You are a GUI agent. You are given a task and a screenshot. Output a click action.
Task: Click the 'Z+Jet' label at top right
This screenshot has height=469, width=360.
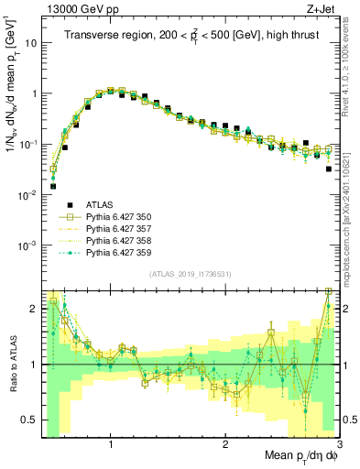tap(322, 9)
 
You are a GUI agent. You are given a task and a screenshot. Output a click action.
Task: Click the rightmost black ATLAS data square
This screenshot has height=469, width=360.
tap(329, 169)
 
